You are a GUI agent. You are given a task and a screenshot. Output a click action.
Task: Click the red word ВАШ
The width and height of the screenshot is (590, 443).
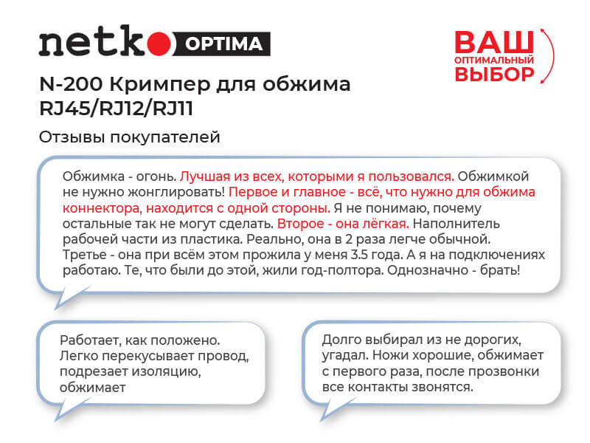[x=493, y=40]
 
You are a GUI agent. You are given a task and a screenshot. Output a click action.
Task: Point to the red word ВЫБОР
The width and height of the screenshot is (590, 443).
[x=493, y=74]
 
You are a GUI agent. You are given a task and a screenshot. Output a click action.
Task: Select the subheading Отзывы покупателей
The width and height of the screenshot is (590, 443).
[x=129, y=137]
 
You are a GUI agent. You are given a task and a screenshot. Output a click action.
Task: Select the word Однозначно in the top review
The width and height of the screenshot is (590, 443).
[x=426, y=270]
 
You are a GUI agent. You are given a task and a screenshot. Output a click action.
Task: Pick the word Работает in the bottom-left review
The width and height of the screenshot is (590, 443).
[x=88, y=342]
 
